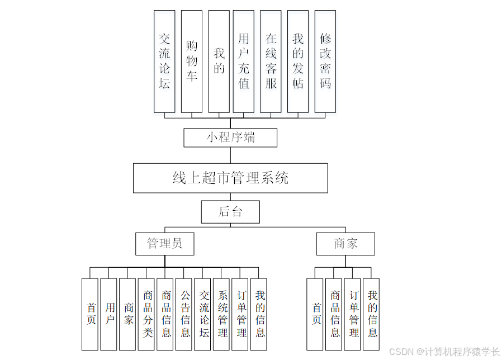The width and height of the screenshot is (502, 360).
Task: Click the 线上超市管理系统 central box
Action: click(230, 178)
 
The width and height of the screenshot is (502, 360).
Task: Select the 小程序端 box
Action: click(230, 138)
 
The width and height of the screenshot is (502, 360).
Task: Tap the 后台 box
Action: click(230, 212)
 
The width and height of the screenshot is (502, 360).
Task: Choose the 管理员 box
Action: click(165, 244)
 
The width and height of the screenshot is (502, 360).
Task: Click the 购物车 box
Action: click(192, 61)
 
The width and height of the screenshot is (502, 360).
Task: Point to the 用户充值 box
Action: click(244, 61)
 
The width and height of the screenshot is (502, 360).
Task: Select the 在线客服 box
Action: click(271, 61)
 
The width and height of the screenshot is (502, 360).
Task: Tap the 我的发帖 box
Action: click(298, 61)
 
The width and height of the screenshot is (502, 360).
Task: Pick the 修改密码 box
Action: click(325, 61)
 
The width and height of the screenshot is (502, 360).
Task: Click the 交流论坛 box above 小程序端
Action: click(164, 61)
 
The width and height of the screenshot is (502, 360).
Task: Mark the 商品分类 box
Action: click(148, 314)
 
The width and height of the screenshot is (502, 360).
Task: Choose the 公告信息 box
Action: click(185, 314)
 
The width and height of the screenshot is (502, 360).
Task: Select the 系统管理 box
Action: click(222, 314)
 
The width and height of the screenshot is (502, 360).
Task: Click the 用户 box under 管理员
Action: click(110, 314)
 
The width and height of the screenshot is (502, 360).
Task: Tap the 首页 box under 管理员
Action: click(91, 314)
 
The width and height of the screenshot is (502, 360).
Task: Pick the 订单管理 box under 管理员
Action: click(241, 314)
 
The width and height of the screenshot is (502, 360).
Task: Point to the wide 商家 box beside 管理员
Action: click(345, 244)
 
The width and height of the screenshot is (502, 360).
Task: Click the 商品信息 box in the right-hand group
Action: click(335, 314)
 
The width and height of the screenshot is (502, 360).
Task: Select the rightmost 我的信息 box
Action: click(372, 314)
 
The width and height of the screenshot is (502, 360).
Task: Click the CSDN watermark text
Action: click(444, 352)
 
